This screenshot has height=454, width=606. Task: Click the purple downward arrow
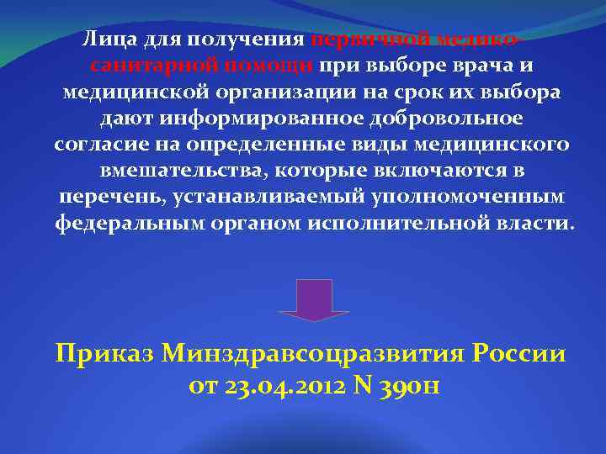(x=314, y=298)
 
